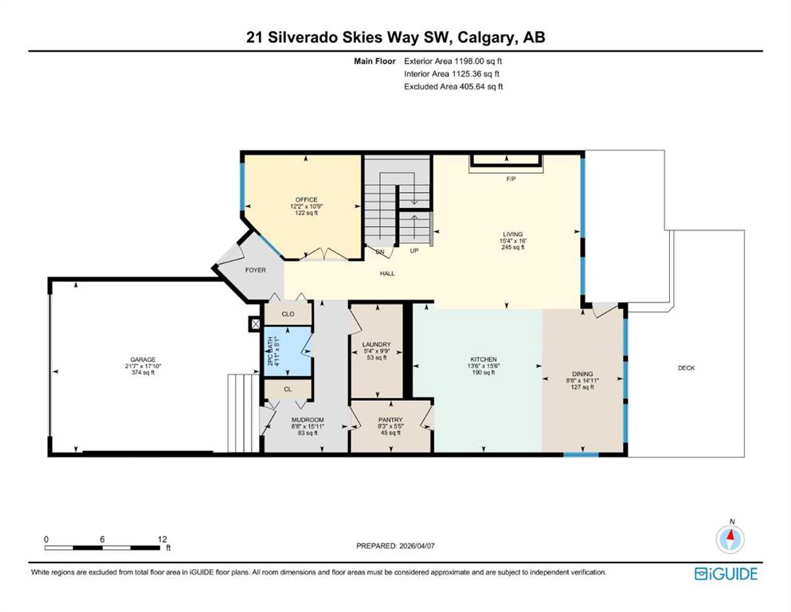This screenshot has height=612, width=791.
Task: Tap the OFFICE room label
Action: point(307,199)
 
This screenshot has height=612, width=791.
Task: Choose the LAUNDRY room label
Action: point(378,344)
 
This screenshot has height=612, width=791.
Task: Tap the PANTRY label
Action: point(390,420)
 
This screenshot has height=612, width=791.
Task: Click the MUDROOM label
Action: point(307,420)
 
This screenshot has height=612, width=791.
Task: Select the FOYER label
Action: point(255,270)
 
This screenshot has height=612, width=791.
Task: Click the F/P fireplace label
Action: point(511,178)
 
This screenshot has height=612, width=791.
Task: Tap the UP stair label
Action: point(414,251)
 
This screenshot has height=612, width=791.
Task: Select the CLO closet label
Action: point(288,315)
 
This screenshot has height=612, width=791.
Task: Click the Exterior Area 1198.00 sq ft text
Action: point(453,61)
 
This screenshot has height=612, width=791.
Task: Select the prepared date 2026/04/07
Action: point(421,546)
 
